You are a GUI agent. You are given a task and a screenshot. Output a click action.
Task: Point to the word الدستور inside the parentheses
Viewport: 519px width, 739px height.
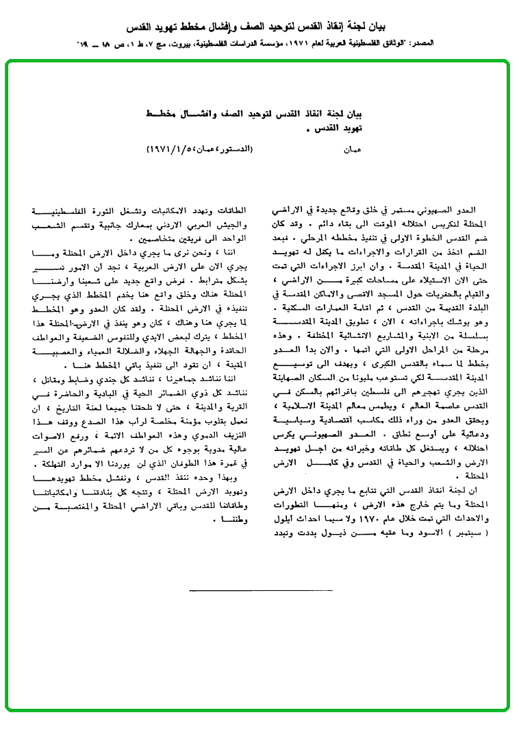[237, 148]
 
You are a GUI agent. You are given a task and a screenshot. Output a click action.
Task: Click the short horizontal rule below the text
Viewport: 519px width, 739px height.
[259, 590]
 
